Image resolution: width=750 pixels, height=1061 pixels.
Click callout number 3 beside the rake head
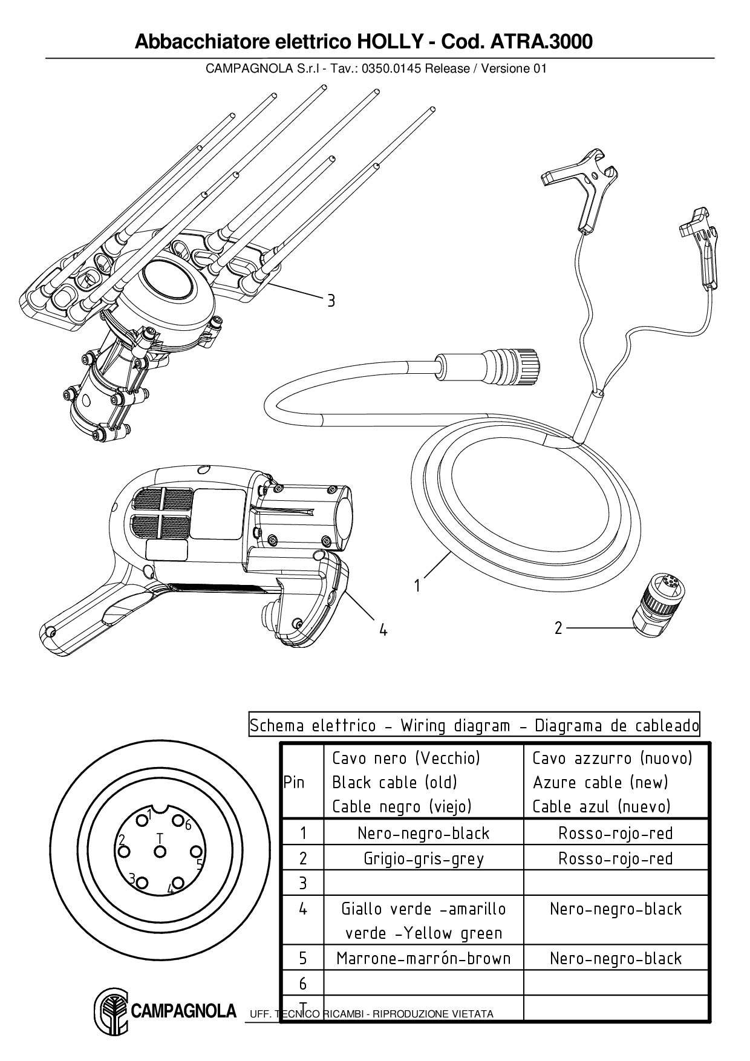pyautogui.click(x=331, y=301)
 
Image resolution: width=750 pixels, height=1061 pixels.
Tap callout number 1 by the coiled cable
pyautogui.click(x=417, y=586)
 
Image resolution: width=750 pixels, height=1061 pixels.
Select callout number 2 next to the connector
pyautogui.click(x=558, y=628)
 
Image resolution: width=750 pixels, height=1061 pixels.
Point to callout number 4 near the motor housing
pyautogui.click(x=383, y=630)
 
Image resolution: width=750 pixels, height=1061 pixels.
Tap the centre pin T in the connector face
pyautogui.click(x=160, y=852)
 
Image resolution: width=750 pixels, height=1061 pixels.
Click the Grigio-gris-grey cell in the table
pyautogui.click(x=423, y=858)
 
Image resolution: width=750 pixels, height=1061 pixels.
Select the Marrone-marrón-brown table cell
pyautogui.click(x=423, y=958)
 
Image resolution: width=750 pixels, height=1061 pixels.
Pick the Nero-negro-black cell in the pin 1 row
pyautogui.click(x=423, y=833)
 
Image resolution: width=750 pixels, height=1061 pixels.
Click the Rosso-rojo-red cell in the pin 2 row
pyautogui.click(x=616, y=858)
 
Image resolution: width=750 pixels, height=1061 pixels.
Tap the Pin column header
pyautogui.click(x=294, y=782)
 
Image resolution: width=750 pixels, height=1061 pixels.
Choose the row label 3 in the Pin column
pyautogui.click(x=303, y=883)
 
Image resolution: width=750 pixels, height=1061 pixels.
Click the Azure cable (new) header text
pyautogui.click(x=601, y=782)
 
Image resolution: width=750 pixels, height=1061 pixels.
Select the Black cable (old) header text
pyautogui.click(x=394, y=782)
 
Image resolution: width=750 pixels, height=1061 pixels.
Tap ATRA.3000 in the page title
pyautogui.click(x=541, y=42)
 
